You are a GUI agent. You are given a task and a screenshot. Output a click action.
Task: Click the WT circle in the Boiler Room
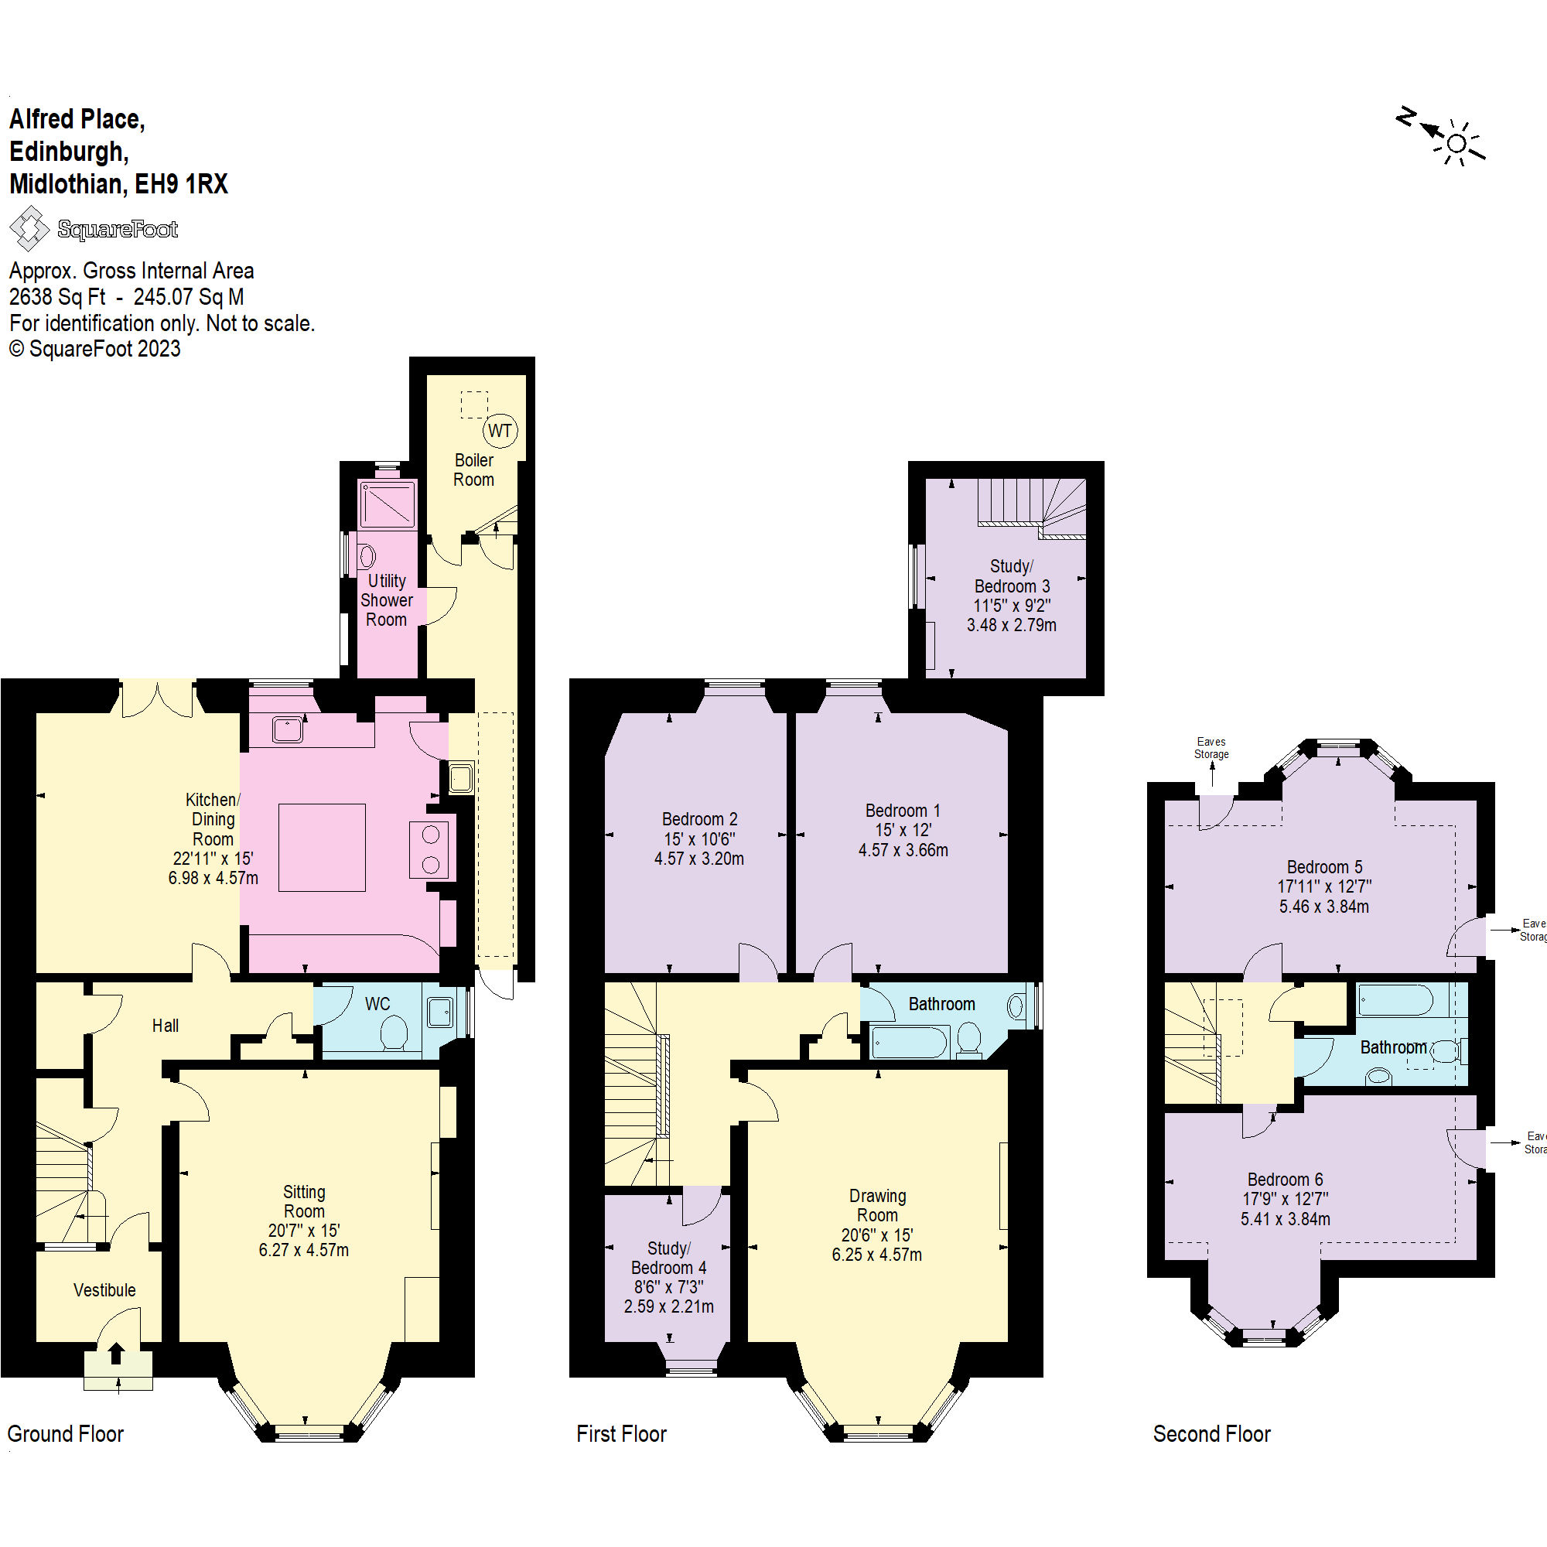click(500, 431)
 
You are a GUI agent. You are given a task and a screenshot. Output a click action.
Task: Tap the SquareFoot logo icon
click(29, 228)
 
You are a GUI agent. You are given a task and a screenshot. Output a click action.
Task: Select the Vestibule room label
click(104, 1290)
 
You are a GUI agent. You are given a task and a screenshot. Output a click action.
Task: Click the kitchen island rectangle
click(322, 847)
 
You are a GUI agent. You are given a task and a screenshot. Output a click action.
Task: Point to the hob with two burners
click(430, 849)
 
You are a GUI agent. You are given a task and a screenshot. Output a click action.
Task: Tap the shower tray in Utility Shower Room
click(388, 504)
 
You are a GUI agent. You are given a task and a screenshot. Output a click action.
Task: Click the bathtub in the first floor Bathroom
click(910, 1043)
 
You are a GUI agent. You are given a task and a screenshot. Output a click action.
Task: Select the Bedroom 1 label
click(903, 811)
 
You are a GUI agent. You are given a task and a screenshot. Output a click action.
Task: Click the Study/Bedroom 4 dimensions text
click(668, 1296)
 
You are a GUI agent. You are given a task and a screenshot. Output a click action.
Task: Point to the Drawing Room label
click(878, 1205)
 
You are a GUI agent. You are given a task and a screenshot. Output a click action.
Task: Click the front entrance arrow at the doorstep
click(116, 1352)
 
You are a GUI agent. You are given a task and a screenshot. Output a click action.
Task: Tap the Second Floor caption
click(1211, 1433)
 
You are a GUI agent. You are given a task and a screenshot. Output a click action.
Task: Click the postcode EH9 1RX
click(181, 184)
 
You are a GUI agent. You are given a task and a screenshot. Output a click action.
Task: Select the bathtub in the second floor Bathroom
click(1395, 1001)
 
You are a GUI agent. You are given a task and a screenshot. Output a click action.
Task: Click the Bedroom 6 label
click(1284, 1180)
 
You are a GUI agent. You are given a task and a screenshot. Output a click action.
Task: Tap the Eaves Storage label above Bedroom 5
click(1211, 748)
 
